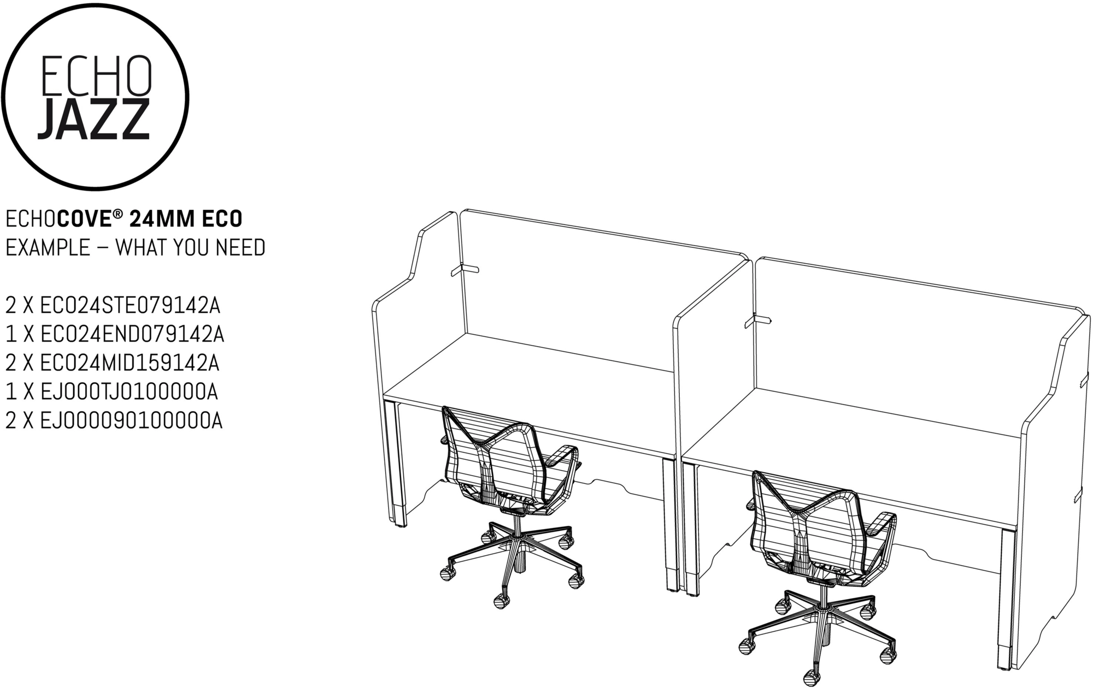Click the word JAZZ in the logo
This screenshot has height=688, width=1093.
93,119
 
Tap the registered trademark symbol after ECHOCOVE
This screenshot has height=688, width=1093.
117,213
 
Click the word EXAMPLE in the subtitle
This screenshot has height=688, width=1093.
48,248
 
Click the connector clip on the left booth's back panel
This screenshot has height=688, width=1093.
465,269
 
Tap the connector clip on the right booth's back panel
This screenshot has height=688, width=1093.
757,321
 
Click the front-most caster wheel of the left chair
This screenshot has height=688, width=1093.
501,601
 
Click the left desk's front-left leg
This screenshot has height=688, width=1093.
398,464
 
